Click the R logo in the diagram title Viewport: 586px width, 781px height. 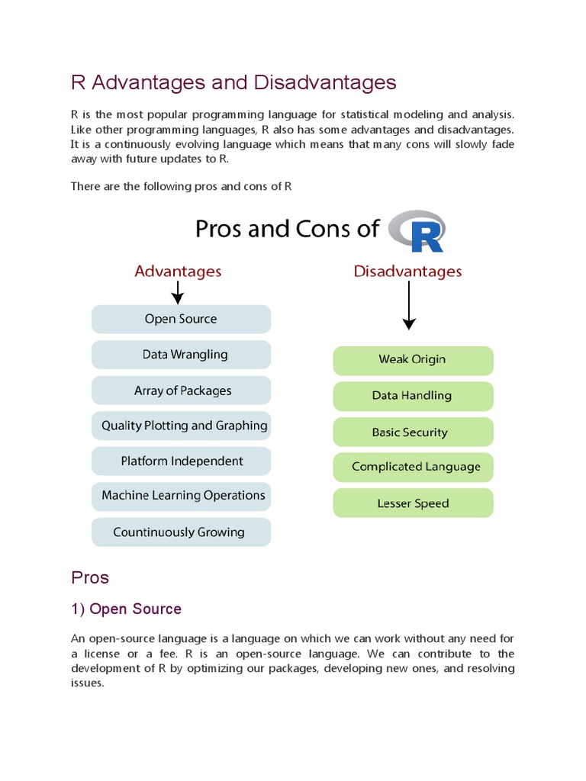click(x=417, y=231)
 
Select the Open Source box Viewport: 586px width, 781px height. click(x=181, y=319)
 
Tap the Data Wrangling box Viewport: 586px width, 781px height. click(x=181, y=355)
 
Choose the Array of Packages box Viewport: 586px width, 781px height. click(x=181, y=390)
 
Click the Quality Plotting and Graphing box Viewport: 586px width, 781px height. click(x=181, y=426)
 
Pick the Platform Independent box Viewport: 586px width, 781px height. click(x=181, y=461)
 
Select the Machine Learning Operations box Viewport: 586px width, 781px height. click(x=181, y=496)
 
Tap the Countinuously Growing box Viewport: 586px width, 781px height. click(x=181, y=532)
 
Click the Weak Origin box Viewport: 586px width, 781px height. click(x=413, y=360)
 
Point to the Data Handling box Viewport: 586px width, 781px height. click(x=413, y=396)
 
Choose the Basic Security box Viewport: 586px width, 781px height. click(x=413, y=432)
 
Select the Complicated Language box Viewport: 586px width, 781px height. click(x=413, y=467)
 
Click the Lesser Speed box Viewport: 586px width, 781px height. click(x=413, y=503)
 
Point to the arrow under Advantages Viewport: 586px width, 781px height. click(x=178, y=292)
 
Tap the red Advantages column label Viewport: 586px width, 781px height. click(x=178, y=271)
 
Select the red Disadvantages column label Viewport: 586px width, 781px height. click(x=407, y=271)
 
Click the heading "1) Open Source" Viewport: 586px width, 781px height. click(x=126, y=609)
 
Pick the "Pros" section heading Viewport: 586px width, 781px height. click(x=90, y=577)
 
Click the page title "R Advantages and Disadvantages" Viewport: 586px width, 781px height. click(x=233, y=82)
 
